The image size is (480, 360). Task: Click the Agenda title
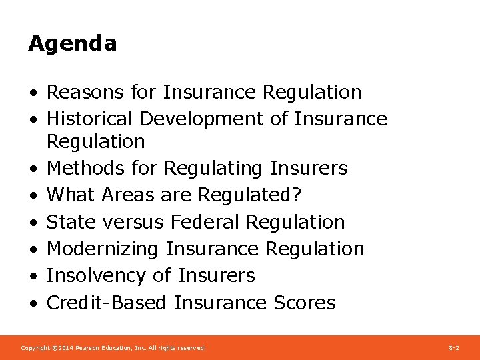point(72,44)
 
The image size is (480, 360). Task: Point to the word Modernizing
point(102,249)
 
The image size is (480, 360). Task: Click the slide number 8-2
point(453,348)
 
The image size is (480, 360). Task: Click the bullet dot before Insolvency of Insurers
point(33,276)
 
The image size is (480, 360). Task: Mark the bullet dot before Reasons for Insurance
point(33,93)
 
